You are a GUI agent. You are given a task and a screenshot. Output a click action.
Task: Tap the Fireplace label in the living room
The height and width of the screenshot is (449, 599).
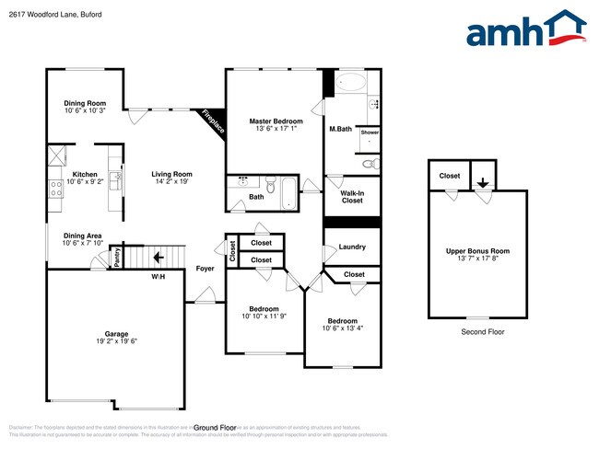213,123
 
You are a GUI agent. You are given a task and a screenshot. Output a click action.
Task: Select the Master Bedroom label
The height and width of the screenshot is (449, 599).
276,121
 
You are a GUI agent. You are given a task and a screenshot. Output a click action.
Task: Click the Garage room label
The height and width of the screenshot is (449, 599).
116,333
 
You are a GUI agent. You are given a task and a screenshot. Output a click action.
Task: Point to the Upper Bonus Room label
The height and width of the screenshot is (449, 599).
476,250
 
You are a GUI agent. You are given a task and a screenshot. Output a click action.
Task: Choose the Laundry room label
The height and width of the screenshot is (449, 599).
352,247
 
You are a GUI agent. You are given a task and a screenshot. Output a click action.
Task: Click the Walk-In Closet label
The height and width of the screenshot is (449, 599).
352,196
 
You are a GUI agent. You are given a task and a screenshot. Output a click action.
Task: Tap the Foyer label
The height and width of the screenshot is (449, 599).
206,269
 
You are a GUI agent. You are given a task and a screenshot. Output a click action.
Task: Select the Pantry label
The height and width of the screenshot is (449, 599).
117,259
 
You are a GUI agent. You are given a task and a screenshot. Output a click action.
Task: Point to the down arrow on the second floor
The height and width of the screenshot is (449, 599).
482,182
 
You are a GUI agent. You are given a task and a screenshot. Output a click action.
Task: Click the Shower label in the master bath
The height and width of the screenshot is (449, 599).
370,132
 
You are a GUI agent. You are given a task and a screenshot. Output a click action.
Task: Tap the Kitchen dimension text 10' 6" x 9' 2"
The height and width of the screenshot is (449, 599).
85,181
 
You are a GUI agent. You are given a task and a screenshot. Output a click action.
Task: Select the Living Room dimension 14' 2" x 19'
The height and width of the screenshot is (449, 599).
171,181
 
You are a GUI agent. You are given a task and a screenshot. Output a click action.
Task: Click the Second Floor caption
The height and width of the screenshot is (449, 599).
482,331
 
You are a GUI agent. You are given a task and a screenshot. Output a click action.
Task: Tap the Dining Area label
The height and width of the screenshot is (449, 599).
82,236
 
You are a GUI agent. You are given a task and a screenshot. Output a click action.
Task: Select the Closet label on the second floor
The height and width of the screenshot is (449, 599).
450,175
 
